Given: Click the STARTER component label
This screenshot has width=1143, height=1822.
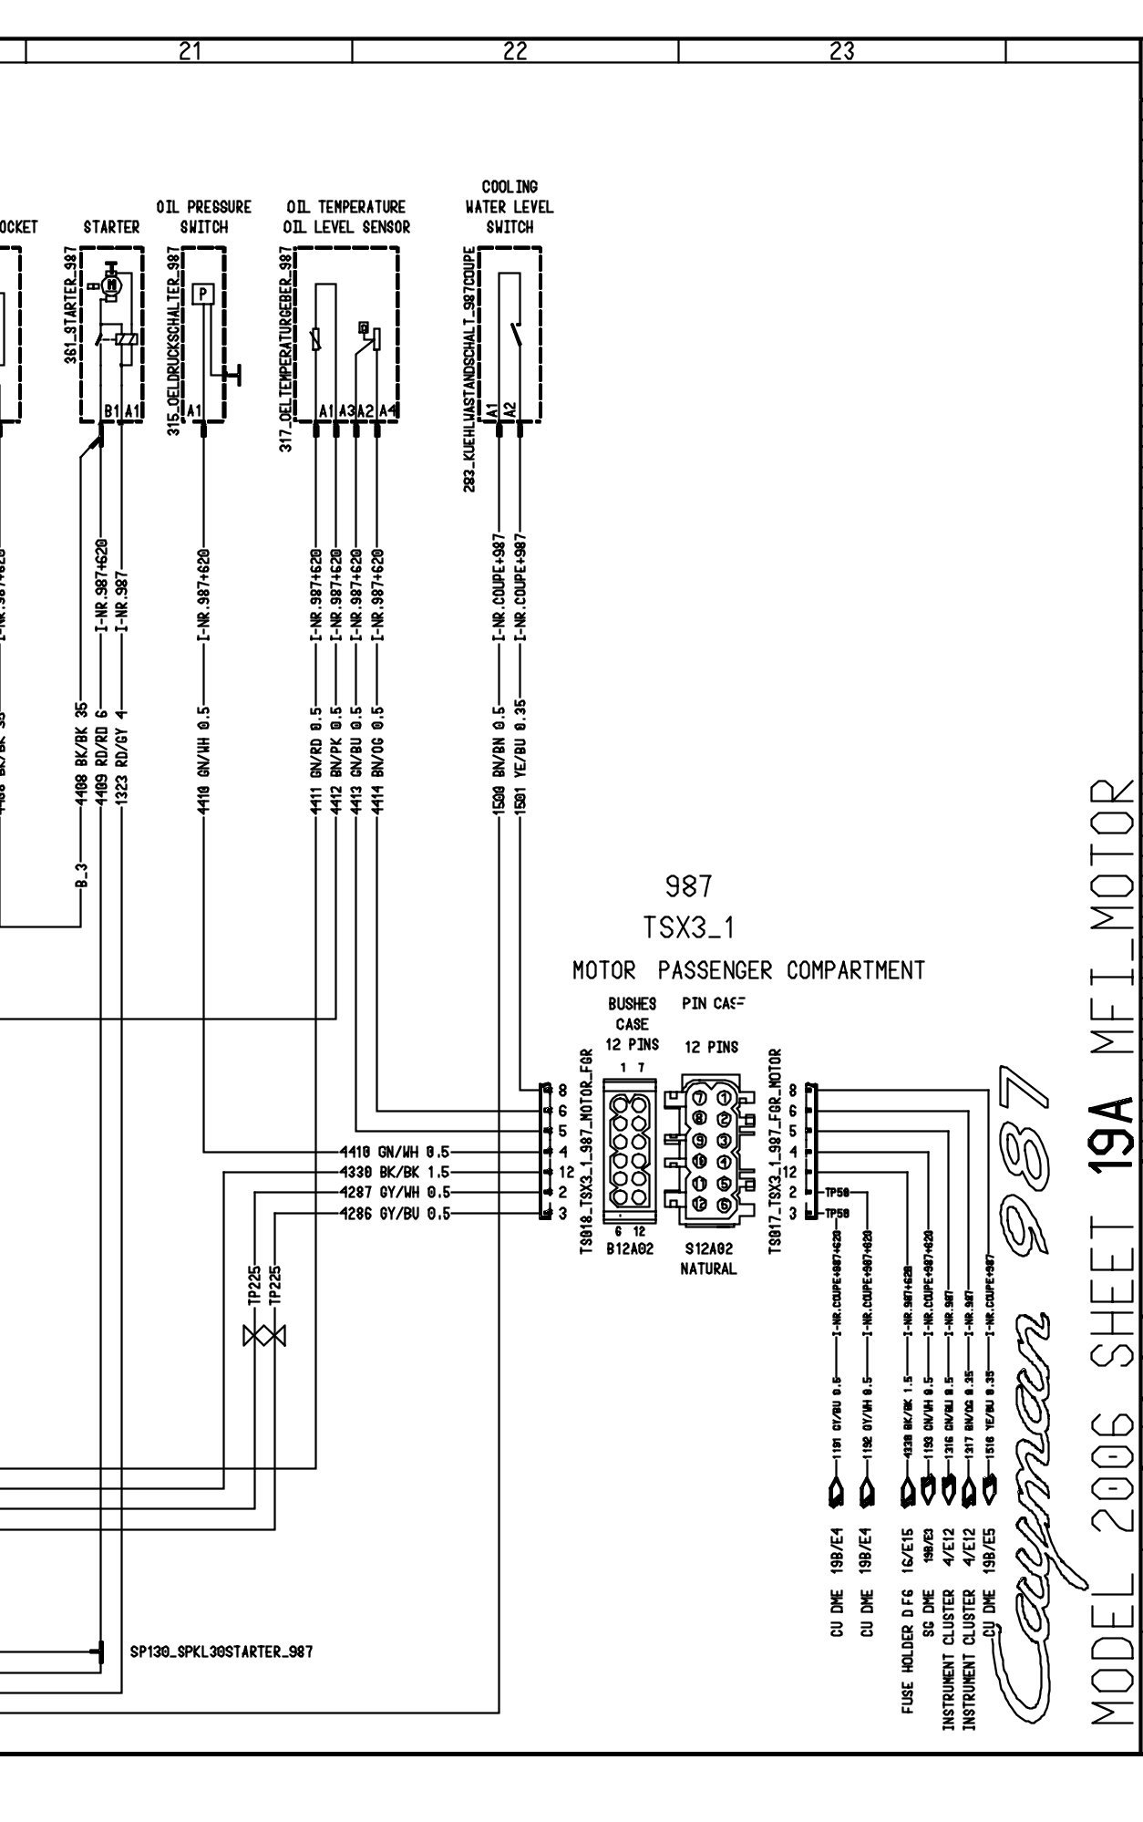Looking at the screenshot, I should point(111,227).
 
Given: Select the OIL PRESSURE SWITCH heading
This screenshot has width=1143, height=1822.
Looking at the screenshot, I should point(203,217).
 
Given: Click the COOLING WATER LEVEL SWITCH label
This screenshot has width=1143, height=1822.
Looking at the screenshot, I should point(510,207).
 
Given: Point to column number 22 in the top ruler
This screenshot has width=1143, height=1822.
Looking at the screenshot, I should point(515,52).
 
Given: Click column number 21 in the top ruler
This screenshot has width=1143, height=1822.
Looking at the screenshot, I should point(189,52).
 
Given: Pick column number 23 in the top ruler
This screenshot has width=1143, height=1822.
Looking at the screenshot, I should point(842,52).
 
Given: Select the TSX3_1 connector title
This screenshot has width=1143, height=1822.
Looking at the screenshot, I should point(689,928).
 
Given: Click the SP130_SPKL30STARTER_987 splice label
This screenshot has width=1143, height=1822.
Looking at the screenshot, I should point(221,1651).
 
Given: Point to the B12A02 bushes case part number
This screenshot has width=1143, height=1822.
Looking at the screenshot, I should point(631,1251).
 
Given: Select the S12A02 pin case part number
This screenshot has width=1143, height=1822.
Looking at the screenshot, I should point(708,1251).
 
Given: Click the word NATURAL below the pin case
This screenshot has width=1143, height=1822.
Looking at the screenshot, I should point(708,1268).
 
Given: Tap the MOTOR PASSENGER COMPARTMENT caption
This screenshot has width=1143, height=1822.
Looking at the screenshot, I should point(748,971).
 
